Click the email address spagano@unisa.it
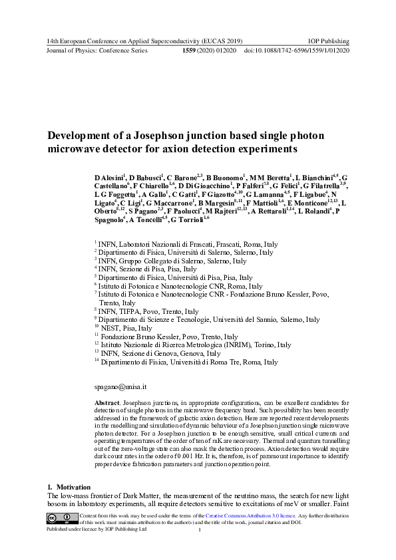tap(117, 386)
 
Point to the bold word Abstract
tap(107, 403)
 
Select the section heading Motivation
tap(69, 488)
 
